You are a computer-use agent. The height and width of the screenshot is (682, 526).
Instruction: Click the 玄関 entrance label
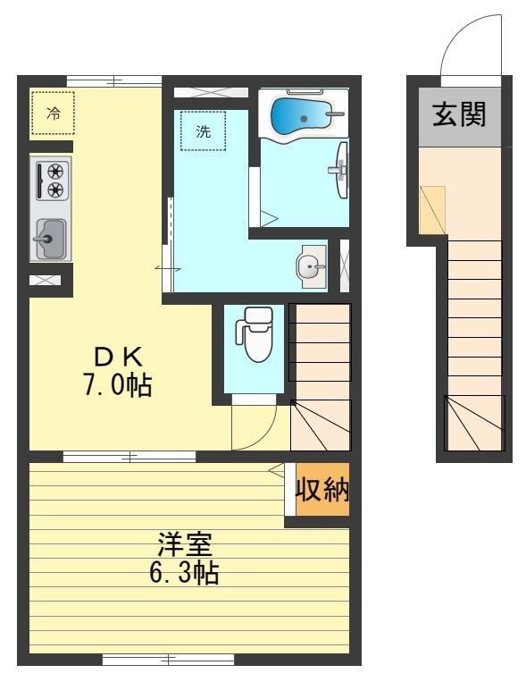pos(459,114)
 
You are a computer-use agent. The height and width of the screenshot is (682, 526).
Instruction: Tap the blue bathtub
pos(301,116)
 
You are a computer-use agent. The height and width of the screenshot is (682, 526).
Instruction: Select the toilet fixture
pos(255,334)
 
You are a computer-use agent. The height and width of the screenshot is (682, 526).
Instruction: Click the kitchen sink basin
pos(50,239)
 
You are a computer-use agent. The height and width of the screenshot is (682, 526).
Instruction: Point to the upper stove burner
pos(55,171)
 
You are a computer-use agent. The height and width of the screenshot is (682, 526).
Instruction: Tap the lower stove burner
pos(55,189)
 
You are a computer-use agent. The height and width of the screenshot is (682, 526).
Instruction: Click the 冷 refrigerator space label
pos(54,114)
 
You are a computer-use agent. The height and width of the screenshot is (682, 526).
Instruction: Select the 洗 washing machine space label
pos(203,131)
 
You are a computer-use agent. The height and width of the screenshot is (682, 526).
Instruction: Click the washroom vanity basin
pos(311,265)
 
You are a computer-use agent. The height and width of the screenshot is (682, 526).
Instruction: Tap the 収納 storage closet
pos(322,490)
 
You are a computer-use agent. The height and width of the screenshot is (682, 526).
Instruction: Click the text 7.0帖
pos(117,384)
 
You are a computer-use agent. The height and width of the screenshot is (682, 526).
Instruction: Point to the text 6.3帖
pos(184,572)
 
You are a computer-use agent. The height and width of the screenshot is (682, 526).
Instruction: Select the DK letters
pos(118,358)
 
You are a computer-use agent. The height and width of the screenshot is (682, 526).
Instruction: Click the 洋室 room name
pos(185,544)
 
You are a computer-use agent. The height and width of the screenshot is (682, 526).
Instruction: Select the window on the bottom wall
pos(168,660)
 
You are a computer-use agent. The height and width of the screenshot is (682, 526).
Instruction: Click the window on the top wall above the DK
pos(114,81)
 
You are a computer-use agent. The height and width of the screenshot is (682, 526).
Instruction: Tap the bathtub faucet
pos(335,114)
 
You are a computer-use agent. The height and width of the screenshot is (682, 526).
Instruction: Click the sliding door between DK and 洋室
pos(129,457)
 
